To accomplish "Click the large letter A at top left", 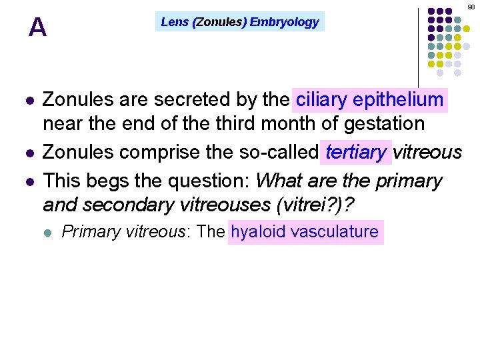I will tap(38, 27).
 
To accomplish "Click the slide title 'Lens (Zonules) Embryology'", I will tap(240, 22).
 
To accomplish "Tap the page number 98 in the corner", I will tap(471, 7).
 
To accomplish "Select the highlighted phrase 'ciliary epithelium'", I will tap(370, 100).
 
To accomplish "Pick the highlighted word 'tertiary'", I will tap(356, 152).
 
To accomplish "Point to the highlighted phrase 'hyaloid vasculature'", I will tap(305, 232).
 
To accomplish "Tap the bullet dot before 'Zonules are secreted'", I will tap(28, 101).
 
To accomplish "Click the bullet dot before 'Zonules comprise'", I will tap(28, 153).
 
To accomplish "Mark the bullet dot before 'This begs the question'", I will tap(28, 181).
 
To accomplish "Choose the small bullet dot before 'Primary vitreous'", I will tap(47, 233).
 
